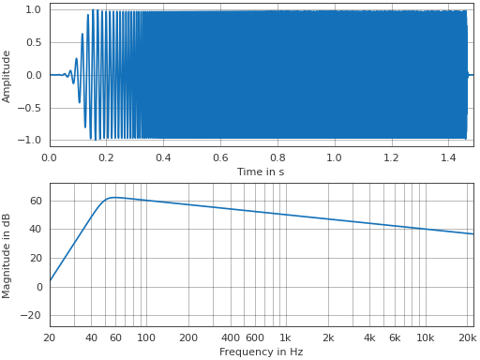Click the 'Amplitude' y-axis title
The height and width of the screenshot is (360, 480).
7,76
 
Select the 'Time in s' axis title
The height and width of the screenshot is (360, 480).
262,172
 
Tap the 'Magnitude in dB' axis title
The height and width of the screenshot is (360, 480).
7,255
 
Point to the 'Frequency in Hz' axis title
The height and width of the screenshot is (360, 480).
262,352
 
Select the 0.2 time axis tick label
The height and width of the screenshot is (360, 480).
106,157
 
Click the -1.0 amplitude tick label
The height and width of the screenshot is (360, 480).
31,140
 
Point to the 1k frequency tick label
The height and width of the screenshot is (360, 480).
285,337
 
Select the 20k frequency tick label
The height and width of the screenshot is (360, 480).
467,337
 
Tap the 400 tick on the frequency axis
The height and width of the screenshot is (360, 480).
230,337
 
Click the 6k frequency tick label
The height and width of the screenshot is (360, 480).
395,337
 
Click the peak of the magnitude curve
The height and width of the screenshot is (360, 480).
114,197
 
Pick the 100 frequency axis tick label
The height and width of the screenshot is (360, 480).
146,337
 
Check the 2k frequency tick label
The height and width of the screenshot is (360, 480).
327,337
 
